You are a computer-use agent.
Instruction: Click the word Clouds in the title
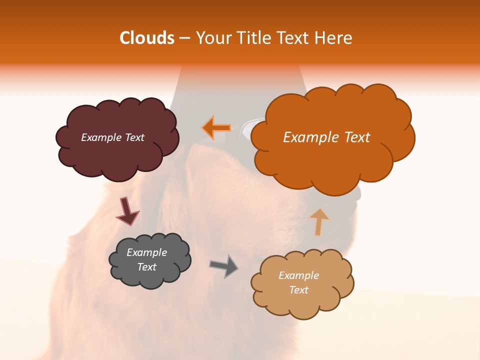[x=147, y=38]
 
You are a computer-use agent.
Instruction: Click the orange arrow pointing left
[x=216, y=127]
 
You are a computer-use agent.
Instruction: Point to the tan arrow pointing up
[x=319, y=221]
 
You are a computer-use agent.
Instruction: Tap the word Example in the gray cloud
[x=146, y=252]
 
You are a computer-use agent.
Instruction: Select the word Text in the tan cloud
[x=298, y=290]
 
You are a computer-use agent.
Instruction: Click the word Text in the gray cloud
[x=146, y=267]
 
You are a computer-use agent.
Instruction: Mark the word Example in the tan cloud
[x=298, y=275]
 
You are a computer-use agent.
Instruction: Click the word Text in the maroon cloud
[x=134, y=137]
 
